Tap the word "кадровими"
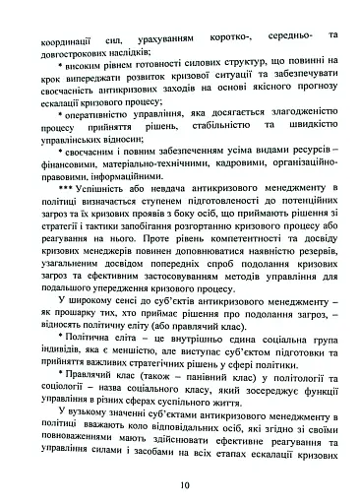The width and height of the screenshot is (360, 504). pos(213,165)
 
